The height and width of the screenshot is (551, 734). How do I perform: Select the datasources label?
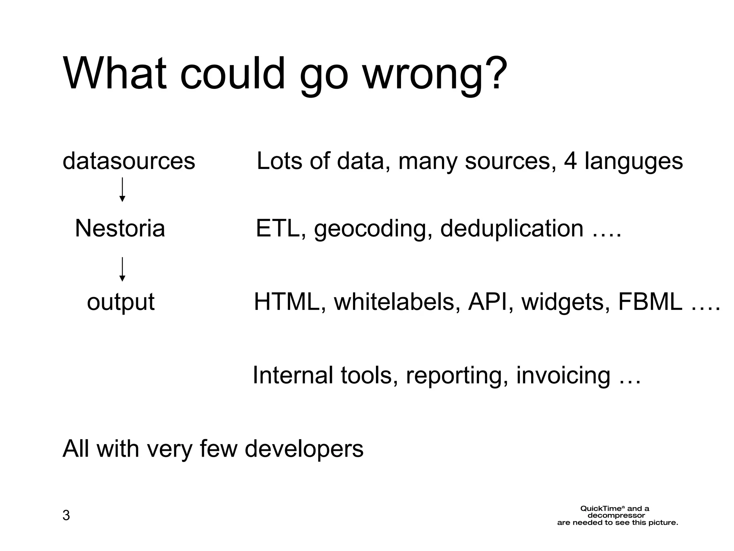[129, 161]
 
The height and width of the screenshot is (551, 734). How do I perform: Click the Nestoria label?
[120, 229]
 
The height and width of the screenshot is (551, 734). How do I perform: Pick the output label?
[121, 302]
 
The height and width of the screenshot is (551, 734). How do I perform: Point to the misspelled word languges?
[634, 161]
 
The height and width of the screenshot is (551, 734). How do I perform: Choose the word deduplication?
[512, 229]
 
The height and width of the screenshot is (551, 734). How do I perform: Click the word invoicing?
[563, 376]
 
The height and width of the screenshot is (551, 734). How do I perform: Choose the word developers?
[304, 449]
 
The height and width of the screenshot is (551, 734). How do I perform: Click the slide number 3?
[66, 515]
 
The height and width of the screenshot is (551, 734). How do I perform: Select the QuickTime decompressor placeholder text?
[618, 515]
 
